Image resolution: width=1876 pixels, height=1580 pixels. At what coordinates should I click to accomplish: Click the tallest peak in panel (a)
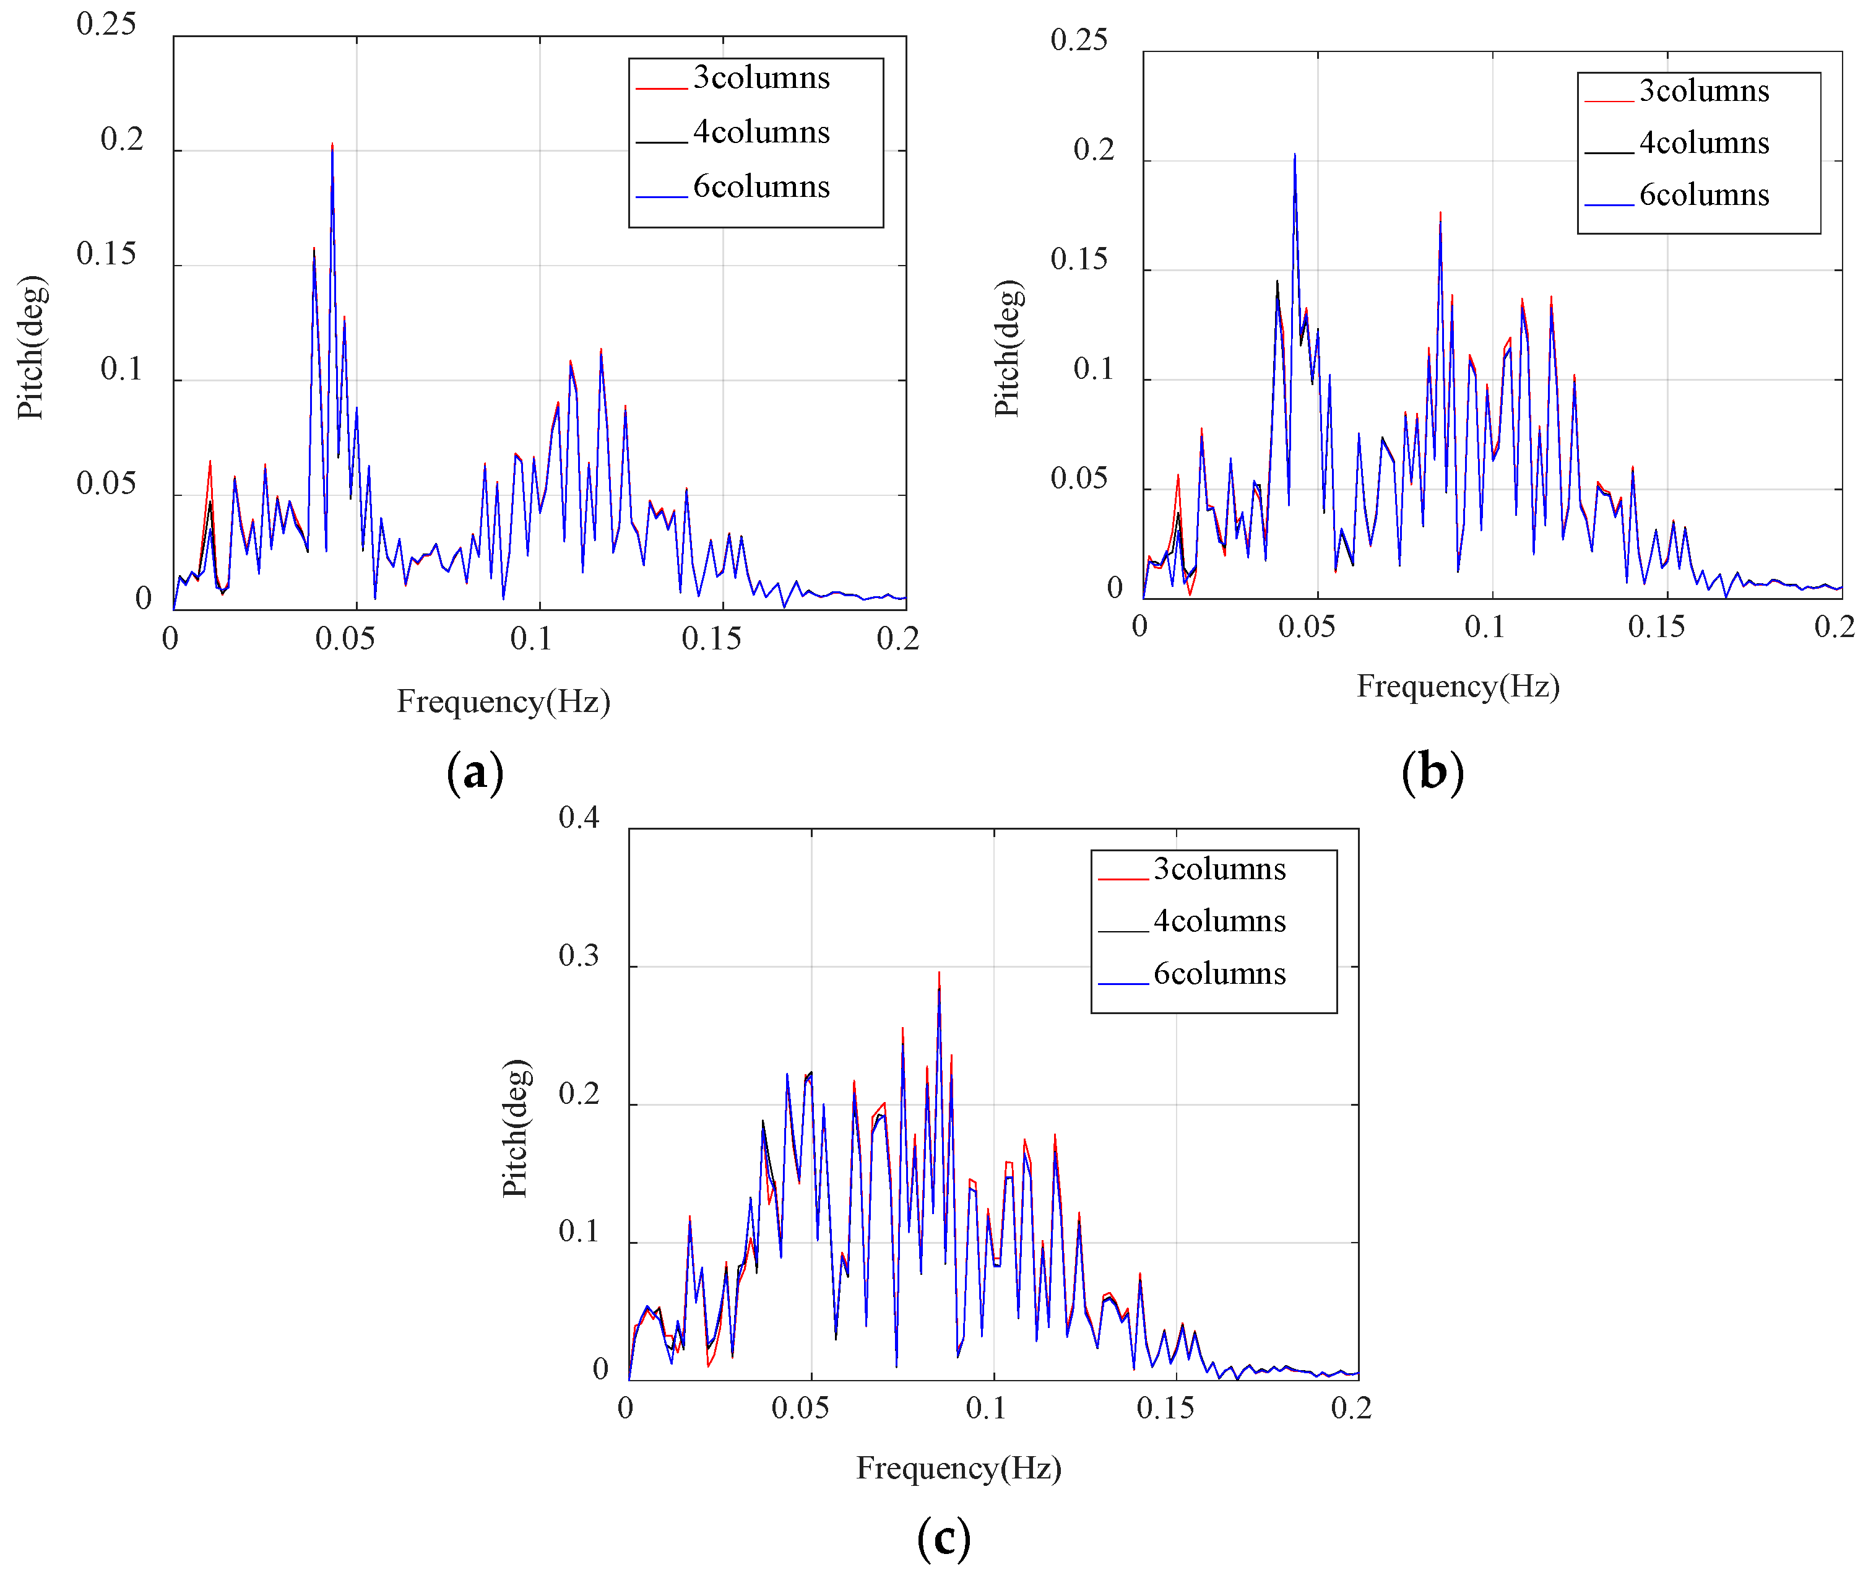click(332, 145)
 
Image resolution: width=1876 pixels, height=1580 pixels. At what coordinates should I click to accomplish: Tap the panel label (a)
click(475, 772)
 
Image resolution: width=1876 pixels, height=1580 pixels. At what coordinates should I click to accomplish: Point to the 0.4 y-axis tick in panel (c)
click(579, 818)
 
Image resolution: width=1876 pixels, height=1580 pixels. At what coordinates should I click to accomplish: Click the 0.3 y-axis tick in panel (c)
click(579, 956)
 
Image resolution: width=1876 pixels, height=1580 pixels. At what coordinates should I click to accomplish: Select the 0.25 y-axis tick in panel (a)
click(106, 24)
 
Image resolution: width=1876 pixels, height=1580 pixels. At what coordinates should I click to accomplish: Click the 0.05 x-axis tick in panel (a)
click(345, 640)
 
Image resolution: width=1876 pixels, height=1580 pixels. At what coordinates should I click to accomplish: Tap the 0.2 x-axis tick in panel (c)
click(1351, 1408)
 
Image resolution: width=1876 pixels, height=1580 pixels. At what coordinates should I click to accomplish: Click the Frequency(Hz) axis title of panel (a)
click(503, 701)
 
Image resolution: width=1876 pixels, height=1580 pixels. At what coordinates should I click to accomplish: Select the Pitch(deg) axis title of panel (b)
click(1008, 349)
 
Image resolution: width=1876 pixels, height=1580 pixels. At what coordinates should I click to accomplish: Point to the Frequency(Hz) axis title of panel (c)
click(958, 1468)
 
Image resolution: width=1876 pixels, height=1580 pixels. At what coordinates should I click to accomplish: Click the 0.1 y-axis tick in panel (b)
click(1092, 369)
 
